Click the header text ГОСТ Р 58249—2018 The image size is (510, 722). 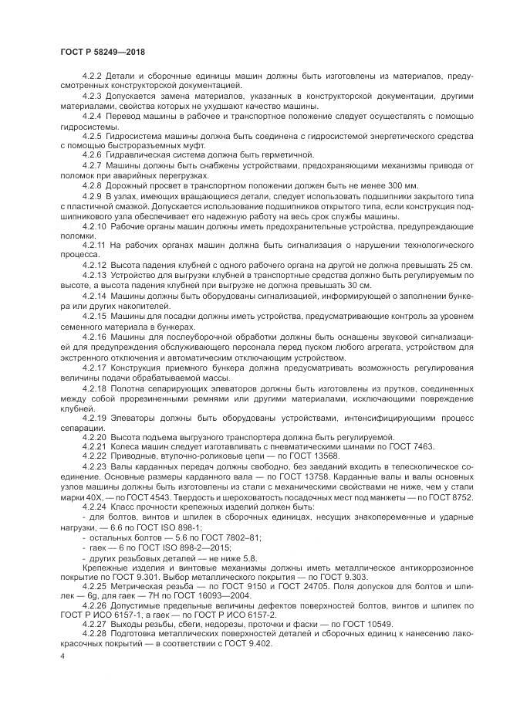click(x=102, y=51)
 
